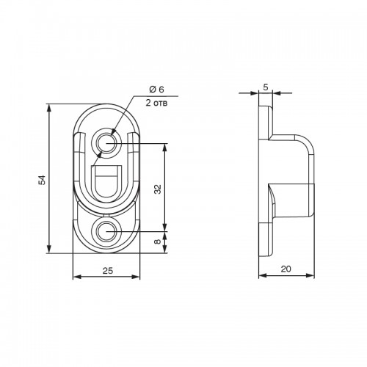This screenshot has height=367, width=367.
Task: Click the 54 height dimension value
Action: pos(43,180)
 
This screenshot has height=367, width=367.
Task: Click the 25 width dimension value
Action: pos(108,271)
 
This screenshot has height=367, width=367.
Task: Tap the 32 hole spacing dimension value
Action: pos(158,189)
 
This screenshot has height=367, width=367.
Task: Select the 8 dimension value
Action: pos(158,241)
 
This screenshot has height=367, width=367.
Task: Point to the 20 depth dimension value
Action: pos(286,269)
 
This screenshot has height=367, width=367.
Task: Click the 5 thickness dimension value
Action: pos(266,87)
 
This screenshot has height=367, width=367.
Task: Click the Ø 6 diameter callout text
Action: pos(156,90)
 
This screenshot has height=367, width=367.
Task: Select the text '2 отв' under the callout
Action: pos(156,103)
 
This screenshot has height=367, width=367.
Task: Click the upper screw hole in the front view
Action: pos(106,143)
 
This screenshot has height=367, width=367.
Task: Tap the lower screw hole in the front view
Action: pos(106,231)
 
